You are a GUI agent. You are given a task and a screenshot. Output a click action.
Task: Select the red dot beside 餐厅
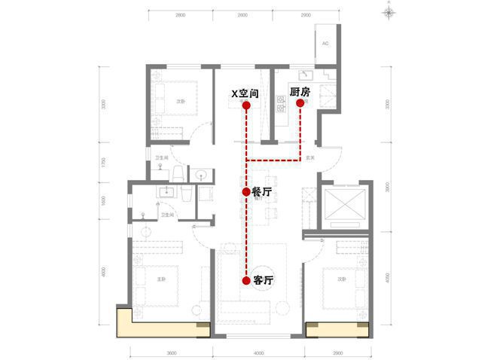click(x=246, y=193)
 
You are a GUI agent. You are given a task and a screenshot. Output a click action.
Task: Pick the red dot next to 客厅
click(x=246, y=280)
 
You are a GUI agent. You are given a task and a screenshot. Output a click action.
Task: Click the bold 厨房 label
click(x=300, y=92)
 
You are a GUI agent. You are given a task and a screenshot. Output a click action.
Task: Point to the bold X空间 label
click(x=245, y=93)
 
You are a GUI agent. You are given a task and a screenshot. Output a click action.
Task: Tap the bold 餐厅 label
click(x=261, y=193)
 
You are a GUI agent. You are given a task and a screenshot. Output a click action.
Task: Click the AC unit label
click(x=325, y=44)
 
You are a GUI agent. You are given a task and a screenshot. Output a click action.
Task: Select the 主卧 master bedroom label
click(x=160, y=279)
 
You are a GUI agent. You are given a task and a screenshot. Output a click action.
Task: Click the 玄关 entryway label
click(x=310, y=158)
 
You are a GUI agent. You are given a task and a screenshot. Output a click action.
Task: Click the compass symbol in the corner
click(x=388, y=11)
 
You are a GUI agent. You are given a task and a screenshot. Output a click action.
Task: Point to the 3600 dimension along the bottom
click(x=171, y=352)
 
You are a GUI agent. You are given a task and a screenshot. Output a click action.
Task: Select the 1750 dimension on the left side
click(x=103, y=161)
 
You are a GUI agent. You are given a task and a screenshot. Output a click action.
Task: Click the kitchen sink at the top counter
click(x=304, y=75)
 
